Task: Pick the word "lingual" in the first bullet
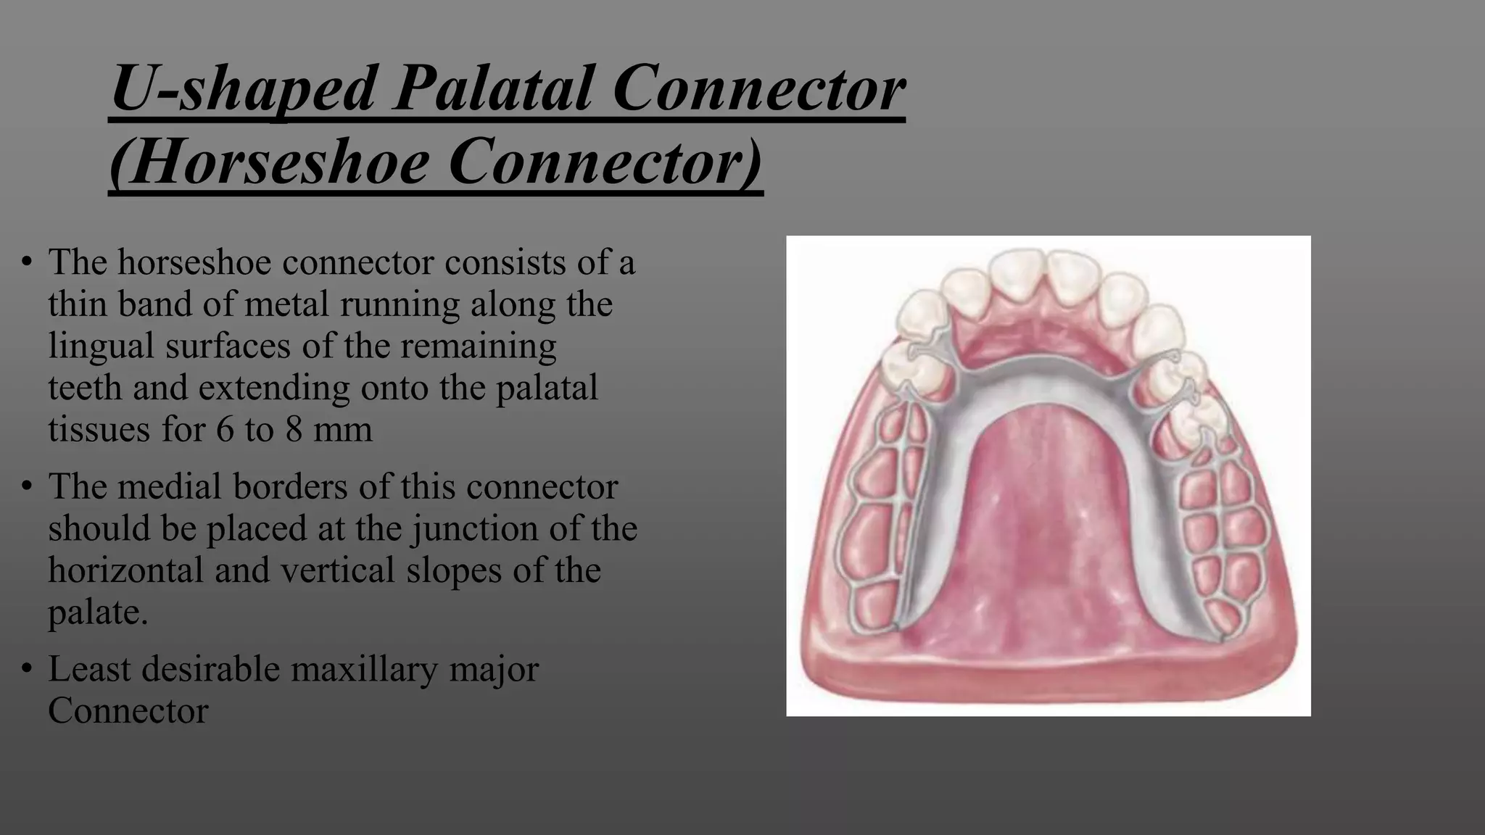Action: (100, 346)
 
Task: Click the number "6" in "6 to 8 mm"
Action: (225, 429)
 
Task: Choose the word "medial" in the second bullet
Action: (168, 486)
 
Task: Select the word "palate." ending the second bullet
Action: (98, 612)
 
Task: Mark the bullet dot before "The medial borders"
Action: (27, 486)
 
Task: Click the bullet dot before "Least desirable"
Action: (27, 669)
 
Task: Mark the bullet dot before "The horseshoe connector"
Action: (27, 262)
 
